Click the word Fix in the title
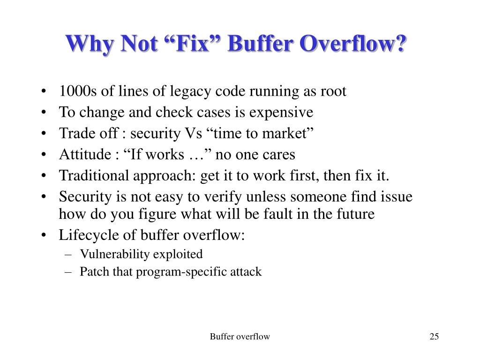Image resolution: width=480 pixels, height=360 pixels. tap(196, 44)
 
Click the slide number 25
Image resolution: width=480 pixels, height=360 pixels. tap(434, 337)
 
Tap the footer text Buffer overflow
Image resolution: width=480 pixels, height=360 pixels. tap(240, 337)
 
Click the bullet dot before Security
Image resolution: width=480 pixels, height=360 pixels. tap(44, 197)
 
